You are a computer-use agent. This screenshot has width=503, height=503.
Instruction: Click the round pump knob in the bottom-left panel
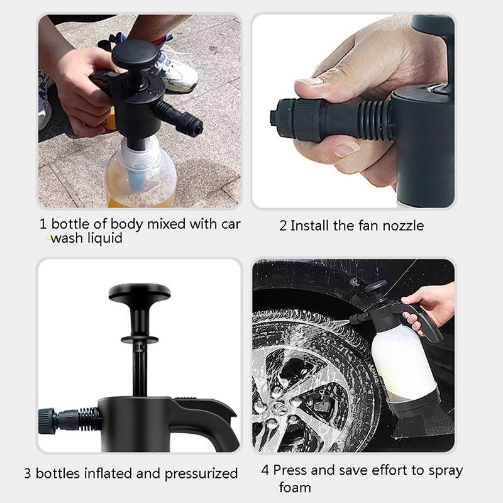(x=140, y=292)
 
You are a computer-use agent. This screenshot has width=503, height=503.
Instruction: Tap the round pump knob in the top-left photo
(x=135, y=53)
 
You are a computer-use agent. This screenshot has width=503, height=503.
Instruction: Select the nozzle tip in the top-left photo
(x=192, y=124)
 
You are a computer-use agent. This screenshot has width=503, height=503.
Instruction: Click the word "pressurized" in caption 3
(x=201, y=474)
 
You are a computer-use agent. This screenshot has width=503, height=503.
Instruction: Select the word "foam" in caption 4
(x=295, y=487)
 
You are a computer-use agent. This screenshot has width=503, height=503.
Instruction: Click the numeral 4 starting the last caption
(x=265, y=470)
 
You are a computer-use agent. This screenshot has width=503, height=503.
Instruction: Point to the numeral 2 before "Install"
(x=283, y=226)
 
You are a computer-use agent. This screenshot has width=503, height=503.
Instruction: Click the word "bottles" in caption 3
(x=58, y=473)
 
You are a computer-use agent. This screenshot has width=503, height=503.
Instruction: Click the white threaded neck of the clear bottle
(x=140, y=154)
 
